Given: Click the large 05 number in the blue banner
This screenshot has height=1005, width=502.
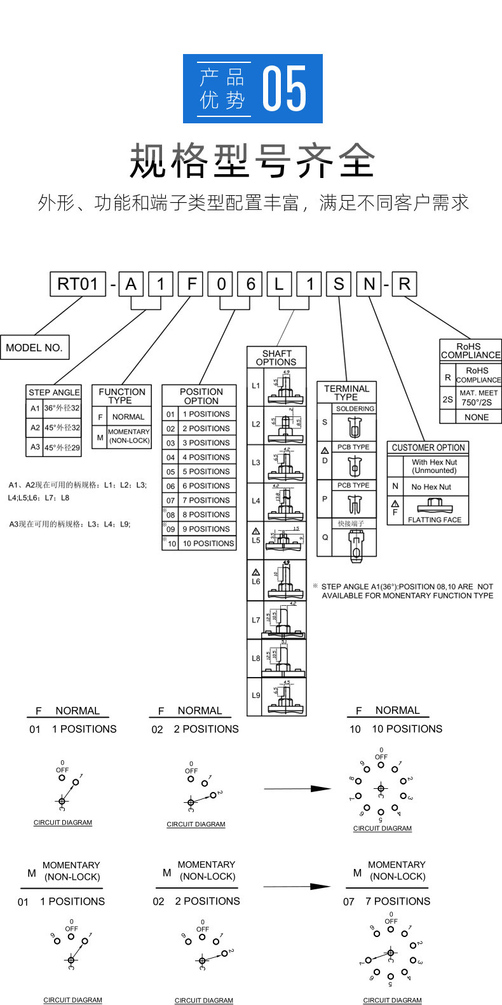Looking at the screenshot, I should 285,89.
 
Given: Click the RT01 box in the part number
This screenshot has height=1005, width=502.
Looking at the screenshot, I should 78,284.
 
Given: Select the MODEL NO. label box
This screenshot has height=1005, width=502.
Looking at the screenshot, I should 34,348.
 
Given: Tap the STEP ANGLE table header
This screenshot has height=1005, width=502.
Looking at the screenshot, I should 54,392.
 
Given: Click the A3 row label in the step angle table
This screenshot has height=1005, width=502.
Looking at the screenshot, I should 35,447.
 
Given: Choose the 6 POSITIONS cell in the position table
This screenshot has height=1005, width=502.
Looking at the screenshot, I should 206,486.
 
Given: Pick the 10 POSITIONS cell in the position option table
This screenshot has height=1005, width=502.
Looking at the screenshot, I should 208,544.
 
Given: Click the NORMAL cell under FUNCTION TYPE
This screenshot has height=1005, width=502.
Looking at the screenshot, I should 128,417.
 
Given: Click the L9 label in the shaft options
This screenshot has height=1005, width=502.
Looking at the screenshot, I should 255,695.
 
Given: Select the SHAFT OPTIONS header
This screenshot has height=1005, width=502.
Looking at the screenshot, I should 276,358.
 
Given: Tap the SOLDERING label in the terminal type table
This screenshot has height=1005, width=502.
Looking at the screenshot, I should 355,409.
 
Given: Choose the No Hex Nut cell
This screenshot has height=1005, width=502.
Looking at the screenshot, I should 431,487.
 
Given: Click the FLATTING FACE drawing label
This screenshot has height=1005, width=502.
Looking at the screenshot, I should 435,519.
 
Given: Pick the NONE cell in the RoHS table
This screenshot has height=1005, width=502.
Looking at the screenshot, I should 477,417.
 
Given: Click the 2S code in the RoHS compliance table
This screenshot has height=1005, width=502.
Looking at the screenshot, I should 448,399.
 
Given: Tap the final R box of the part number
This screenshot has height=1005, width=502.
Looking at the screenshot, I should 404,284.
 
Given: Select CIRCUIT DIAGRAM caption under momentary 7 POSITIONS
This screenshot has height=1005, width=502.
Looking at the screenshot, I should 392,1000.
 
